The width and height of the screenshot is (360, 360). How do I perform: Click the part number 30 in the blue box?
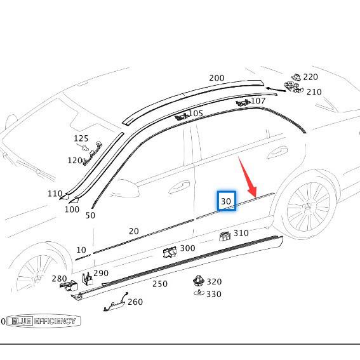click(226, 201)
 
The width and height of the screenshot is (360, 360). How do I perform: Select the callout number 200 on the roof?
click(217, 78)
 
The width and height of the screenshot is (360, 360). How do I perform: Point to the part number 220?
click(310, 77)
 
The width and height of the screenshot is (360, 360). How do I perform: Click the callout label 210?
click(314, 92)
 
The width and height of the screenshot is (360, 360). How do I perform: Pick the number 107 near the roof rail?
click(258, 101)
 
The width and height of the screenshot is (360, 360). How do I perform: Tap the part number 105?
click(196, 113)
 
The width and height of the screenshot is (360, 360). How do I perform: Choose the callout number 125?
click(81, 138)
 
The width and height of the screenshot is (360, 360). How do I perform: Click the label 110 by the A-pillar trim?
click(55, 194)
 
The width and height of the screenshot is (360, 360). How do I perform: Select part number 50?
click(90, 215)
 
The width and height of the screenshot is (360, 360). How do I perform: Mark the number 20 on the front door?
click(133, 231)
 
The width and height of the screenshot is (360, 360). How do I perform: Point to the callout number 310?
click(241, 233)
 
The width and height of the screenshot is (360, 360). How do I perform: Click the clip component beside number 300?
click(170, 252)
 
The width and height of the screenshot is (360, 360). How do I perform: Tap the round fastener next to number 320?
click(199, 281)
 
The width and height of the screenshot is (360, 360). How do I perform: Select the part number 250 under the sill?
click(160, 284)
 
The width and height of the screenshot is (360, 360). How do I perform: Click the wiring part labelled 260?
click(116, 303)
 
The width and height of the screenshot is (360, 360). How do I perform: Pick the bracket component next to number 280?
click(69, 285)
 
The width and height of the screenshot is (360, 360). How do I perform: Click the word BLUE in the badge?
click(21, 321)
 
